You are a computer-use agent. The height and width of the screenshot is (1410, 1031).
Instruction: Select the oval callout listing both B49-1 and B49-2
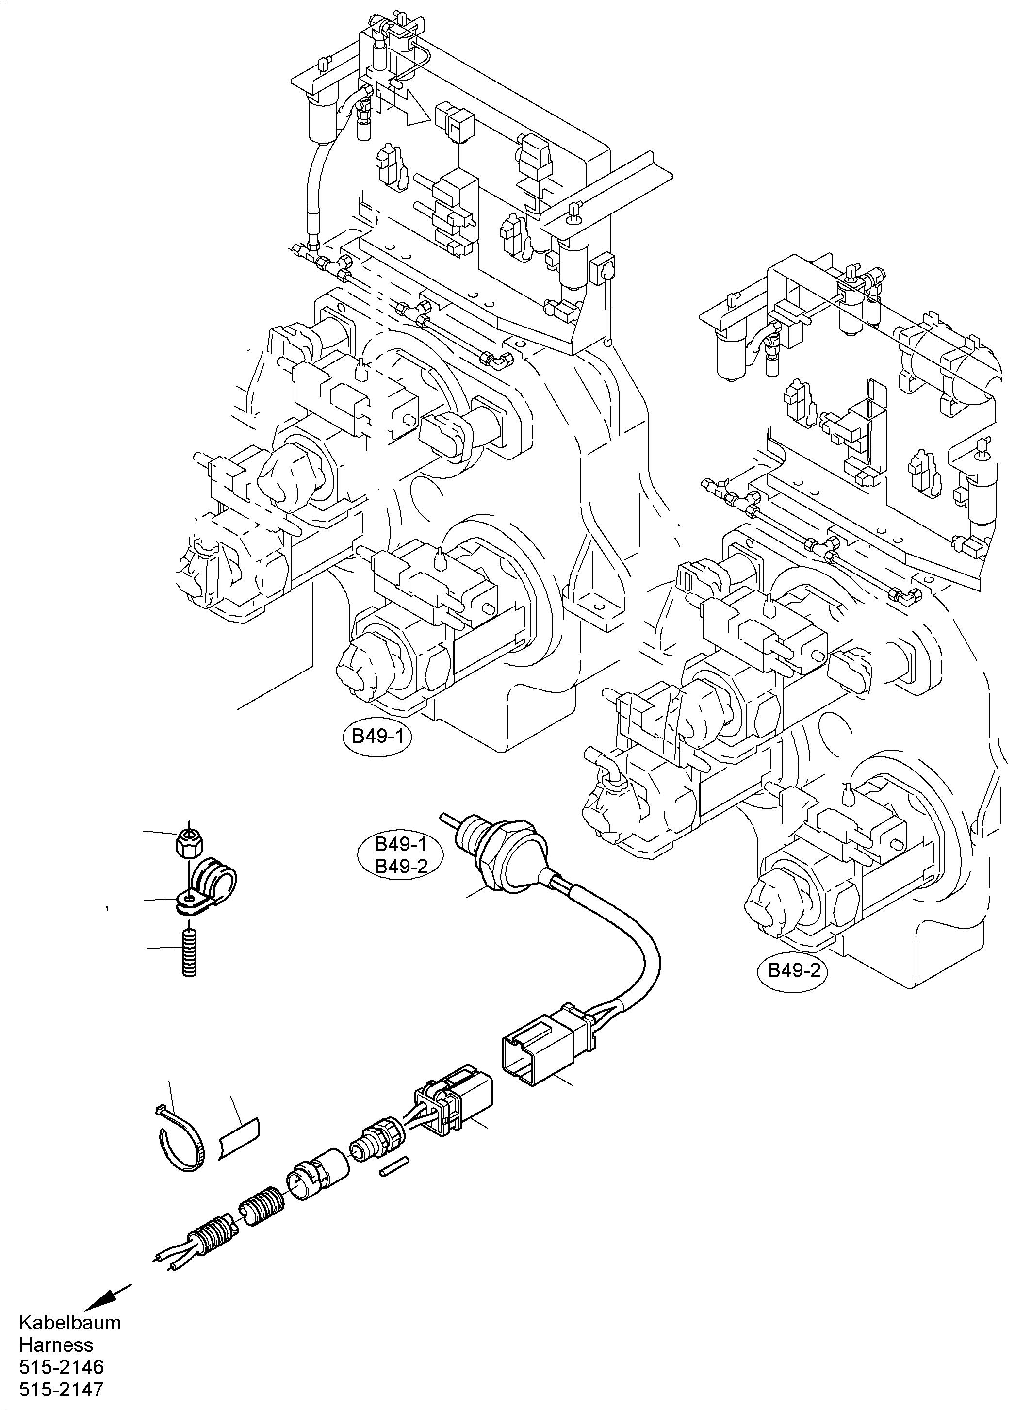click(x=400, y=856)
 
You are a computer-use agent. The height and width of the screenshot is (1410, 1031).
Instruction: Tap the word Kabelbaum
click(x=70, y=1322)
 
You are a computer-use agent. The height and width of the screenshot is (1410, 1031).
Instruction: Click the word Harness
click(x=56, y=1344)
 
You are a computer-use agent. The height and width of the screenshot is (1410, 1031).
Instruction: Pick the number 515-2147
click(x=61, y=1390)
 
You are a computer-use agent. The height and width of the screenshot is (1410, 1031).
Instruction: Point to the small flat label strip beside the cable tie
click(x=240, y=1140)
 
